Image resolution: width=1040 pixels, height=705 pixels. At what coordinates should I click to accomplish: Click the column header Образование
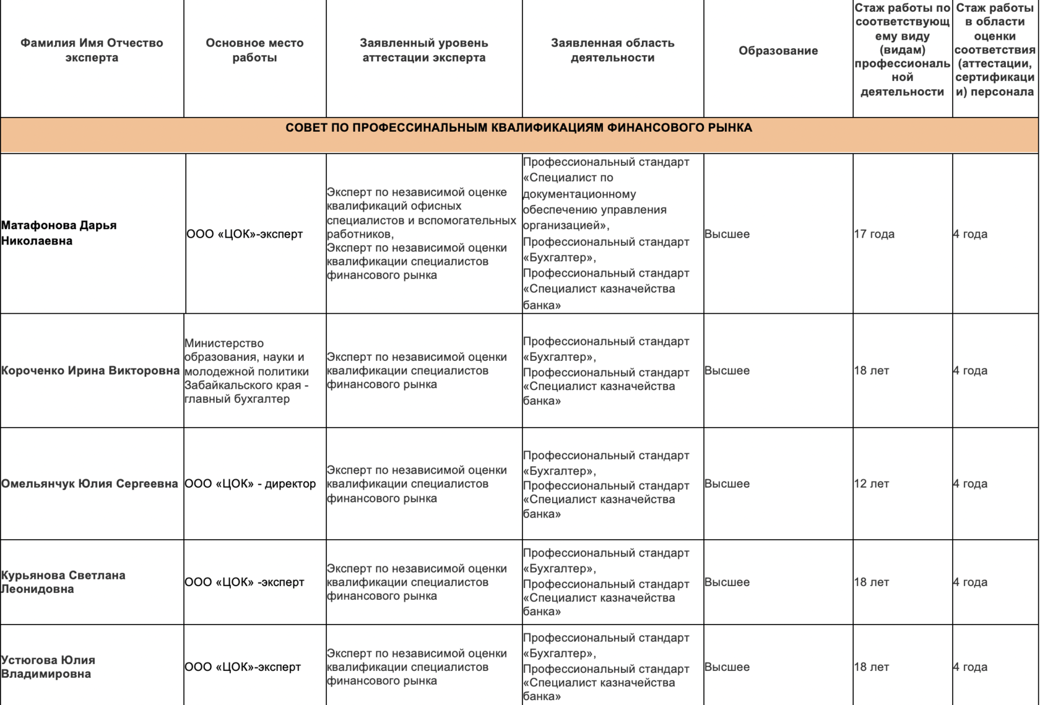(778, 51)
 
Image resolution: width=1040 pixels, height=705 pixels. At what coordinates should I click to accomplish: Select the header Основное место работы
(254, 50)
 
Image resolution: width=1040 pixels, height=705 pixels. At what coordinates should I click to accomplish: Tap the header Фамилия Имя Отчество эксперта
(92, 50)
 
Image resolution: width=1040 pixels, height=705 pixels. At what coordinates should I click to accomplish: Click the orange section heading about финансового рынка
(519, 128)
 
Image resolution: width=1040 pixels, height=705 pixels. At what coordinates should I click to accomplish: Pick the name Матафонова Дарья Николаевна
(59, 233)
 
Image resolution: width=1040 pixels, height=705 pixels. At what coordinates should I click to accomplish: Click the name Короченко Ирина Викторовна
(90, 371)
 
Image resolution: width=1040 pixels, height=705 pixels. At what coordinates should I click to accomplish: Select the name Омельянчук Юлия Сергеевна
(90, 483)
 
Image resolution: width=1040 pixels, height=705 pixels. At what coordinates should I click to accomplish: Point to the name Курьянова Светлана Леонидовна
(63, 582)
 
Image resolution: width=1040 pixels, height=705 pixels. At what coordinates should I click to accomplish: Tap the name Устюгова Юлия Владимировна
(48, 667)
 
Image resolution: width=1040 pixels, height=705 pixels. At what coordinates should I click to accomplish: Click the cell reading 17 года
(874, 234)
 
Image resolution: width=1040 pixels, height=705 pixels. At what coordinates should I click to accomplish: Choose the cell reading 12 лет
(872, 483)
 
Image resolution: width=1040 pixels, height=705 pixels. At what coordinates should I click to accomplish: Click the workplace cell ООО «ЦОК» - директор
(250, 483)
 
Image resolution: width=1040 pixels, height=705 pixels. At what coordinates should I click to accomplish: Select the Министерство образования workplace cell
(246, 371)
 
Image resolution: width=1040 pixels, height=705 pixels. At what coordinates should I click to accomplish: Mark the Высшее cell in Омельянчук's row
(727, 483)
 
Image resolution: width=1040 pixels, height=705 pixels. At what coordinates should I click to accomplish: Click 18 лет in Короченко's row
(872, 371)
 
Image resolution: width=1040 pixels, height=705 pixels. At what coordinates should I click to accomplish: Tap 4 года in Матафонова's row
(970, 234)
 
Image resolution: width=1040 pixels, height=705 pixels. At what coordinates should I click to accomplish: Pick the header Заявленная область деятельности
(612, 50)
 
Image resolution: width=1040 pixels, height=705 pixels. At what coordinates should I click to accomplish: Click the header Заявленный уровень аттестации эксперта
(424, 50)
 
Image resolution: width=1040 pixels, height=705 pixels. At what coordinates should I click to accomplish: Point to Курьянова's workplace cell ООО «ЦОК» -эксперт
(245, 582)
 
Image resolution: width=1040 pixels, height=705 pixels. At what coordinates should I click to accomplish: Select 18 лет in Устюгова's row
(872, 667)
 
